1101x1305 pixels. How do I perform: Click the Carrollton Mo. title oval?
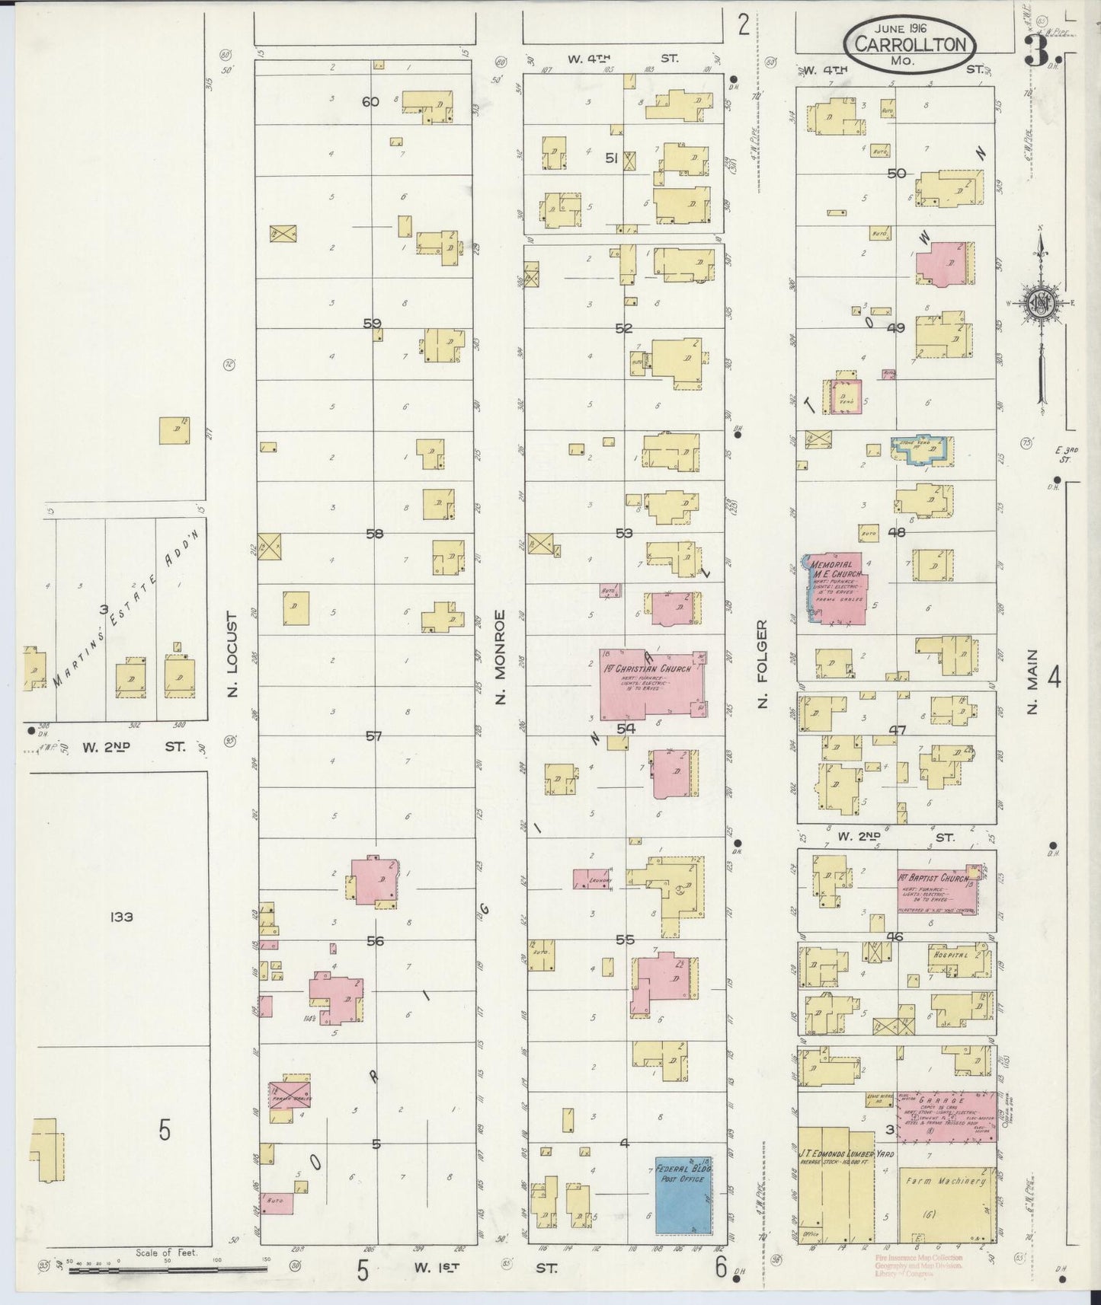(909, 45)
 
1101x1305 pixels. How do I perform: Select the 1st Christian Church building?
(651, 685)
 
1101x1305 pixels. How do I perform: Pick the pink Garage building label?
(941, 1100)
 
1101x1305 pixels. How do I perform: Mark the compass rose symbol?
(1040, 302)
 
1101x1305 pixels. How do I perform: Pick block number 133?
(120, 917)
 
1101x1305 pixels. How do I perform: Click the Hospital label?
(948, 955)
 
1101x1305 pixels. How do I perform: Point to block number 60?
(370, 101)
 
